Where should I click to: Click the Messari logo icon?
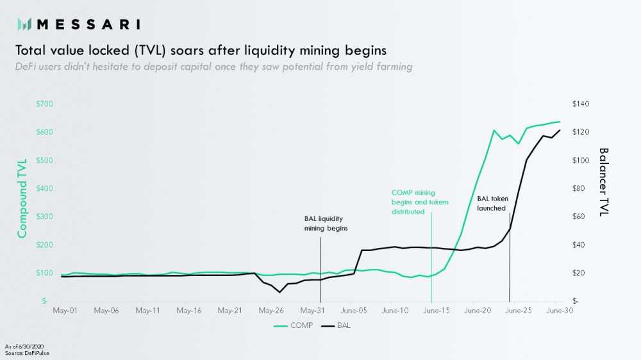pos(24,24)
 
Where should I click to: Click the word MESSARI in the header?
pos(88,24)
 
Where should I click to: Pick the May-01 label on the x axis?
pos(65,311)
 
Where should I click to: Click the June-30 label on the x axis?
pos(558,311)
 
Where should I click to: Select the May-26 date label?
pos(271,311)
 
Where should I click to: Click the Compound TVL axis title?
pos(22,198)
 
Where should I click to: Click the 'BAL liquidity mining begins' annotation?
pos(326,223)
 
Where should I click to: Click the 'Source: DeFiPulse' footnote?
pos(26,353)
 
